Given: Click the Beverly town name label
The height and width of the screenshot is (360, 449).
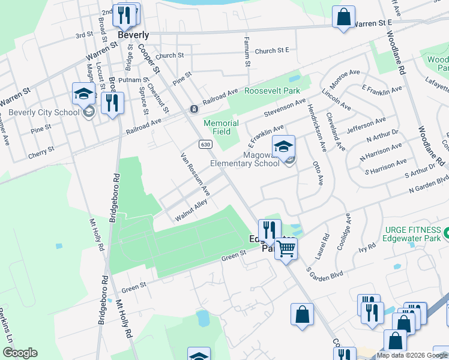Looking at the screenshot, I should [x=133, y=35].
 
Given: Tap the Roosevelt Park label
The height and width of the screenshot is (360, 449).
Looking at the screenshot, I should [x=272, y=91].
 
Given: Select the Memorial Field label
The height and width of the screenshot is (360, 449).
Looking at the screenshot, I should [x=221, y=127].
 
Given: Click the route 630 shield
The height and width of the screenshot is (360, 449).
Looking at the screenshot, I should [x=205, y=145].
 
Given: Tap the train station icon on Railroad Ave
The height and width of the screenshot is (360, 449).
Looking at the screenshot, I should [x=194, y=109].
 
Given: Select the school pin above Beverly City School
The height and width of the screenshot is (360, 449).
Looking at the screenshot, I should [x=84, y=93].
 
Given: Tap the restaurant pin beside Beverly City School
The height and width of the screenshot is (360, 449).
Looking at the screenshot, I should [x=112, y=103].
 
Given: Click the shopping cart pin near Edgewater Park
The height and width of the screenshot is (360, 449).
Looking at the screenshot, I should [x=286, y=247].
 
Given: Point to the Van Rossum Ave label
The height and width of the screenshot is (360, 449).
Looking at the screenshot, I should [x=194, y=174].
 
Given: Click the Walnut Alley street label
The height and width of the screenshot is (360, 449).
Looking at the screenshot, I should [x=191, y=211].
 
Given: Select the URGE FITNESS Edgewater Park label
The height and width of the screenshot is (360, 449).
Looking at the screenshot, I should [x=409, y=235].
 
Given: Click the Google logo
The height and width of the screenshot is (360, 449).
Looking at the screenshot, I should [x=20, y=353].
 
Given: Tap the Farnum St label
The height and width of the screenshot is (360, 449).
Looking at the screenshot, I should [x=247, y=51].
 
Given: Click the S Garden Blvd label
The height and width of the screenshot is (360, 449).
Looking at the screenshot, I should [x=325, y=266].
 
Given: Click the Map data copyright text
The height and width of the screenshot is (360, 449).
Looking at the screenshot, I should [x=412, y=355].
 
